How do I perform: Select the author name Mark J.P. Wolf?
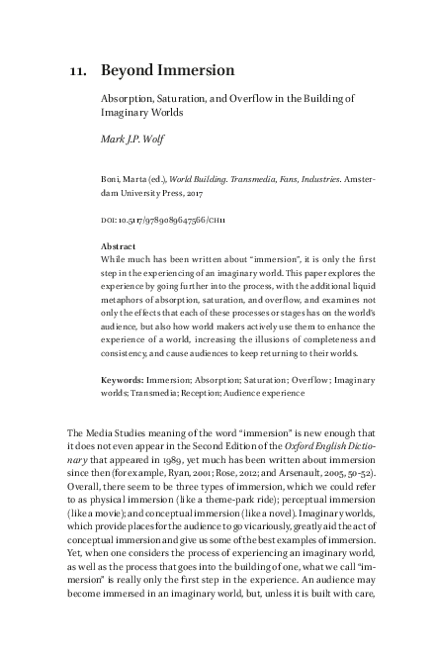click(x=133, y=139)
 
